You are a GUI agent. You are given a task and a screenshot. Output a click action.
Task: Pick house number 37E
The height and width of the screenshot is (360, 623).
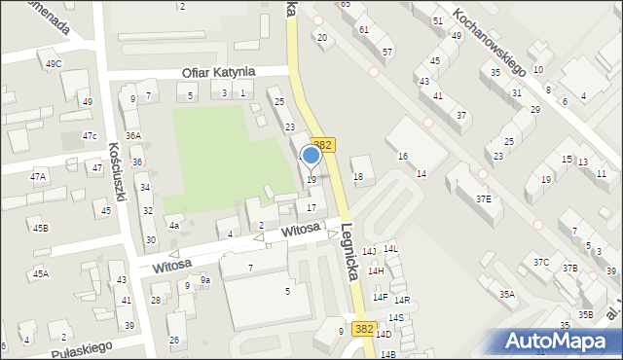pyautogui.click(x=484, y=198)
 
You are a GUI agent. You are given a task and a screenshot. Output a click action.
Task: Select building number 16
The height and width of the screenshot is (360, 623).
pyautogui.click(x=402, y=157)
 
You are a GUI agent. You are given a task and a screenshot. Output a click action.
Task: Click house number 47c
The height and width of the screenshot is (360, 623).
pyautogui.click(x=90, y=135)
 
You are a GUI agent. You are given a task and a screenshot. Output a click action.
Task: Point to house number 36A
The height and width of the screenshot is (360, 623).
pyautogui.click(x=133, y=136)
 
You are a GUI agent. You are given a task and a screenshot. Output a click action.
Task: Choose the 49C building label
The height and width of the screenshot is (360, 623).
pyautogui.click(x=54, y=64)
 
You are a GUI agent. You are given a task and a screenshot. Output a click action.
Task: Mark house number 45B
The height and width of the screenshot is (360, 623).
pyautogui.click(x=40, y=228)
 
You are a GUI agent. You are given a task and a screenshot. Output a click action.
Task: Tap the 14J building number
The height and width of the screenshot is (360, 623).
pyautogui.click(x=369, y=251)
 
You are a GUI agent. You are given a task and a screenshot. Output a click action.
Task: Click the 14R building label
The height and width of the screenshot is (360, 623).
pyautogui.click(x=402, y=299)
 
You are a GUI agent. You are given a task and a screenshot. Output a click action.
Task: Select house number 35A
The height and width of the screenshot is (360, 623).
pyautogui.click(x=506, y=294)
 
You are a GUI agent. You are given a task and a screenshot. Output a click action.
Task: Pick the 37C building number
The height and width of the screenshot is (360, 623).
pyautogui.click(x=541, y=263)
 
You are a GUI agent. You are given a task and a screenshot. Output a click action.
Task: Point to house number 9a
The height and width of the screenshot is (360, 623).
pyautogui.click(x=205, y=280)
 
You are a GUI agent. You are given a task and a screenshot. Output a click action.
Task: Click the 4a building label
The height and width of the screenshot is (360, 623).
pyautogui.click(x=174, y=226)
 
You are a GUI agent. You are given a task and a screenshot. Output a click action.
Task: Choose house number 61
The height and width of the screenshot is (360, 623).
pyautogui.click(x=364, y=30)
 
